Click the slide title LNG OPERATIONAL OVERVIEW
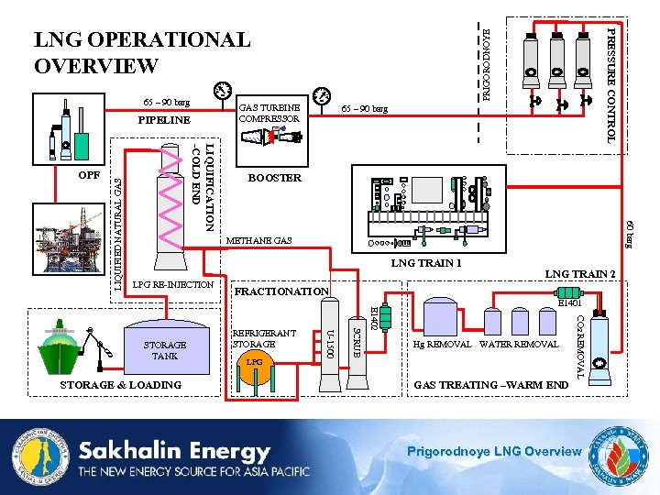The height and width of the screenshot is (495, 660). [141, 53]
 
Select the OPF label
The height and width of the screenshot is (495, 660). [89, 174]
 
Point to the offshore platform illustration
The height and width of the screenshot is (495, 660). [82, 235]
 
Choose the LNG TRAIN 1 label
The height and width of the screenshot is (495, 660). [426, 264]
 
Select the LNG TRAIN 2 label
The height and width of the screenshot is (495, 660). [579, 273]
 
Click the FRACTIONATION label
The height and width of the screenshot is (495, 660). [281, 291]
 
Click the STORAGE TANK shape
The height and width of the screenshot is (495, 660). [164, 349]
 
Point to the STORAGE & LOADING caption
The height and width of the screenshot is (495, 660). [120, 385]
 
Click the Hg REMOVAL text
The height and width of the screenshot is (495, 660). [442, 345]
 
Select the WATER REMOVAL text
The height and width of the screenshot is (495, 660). [519, 345]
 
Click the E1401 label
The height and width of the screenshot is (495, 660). [569, 302]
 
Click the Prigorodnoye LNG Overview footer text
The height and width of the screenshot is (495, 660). [493, 450]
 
